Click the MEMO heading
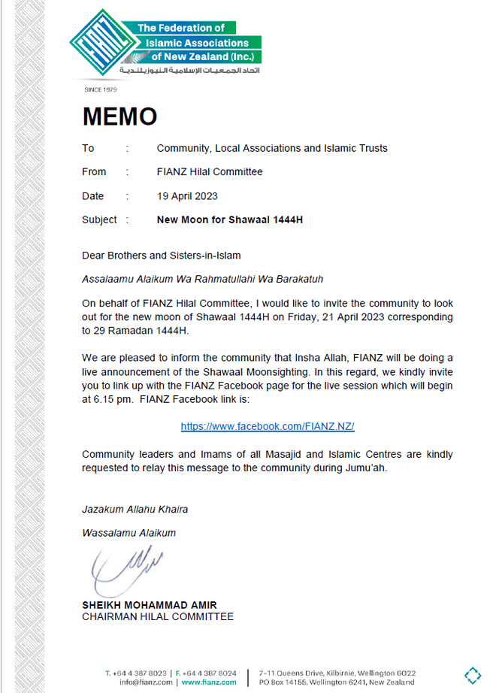[x=119, y=117]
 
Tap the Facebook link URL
[x=267, y=426]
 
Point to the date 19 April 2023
[x=187, y=196]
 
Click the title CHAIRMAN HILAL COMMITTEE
[x=158, y=617]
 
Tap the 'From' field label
[x=94, y=172]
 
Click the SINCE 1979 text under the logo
[x=101, y=90]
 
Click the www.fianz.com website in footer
[x=209, y=682]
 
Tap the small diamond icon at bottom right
[x=472, y=674]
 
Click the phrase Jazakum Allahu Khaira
[x=135, y=509]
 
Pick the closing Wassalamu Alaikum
[x=129, y=533]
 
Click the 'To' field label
[x=89, y=148]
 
